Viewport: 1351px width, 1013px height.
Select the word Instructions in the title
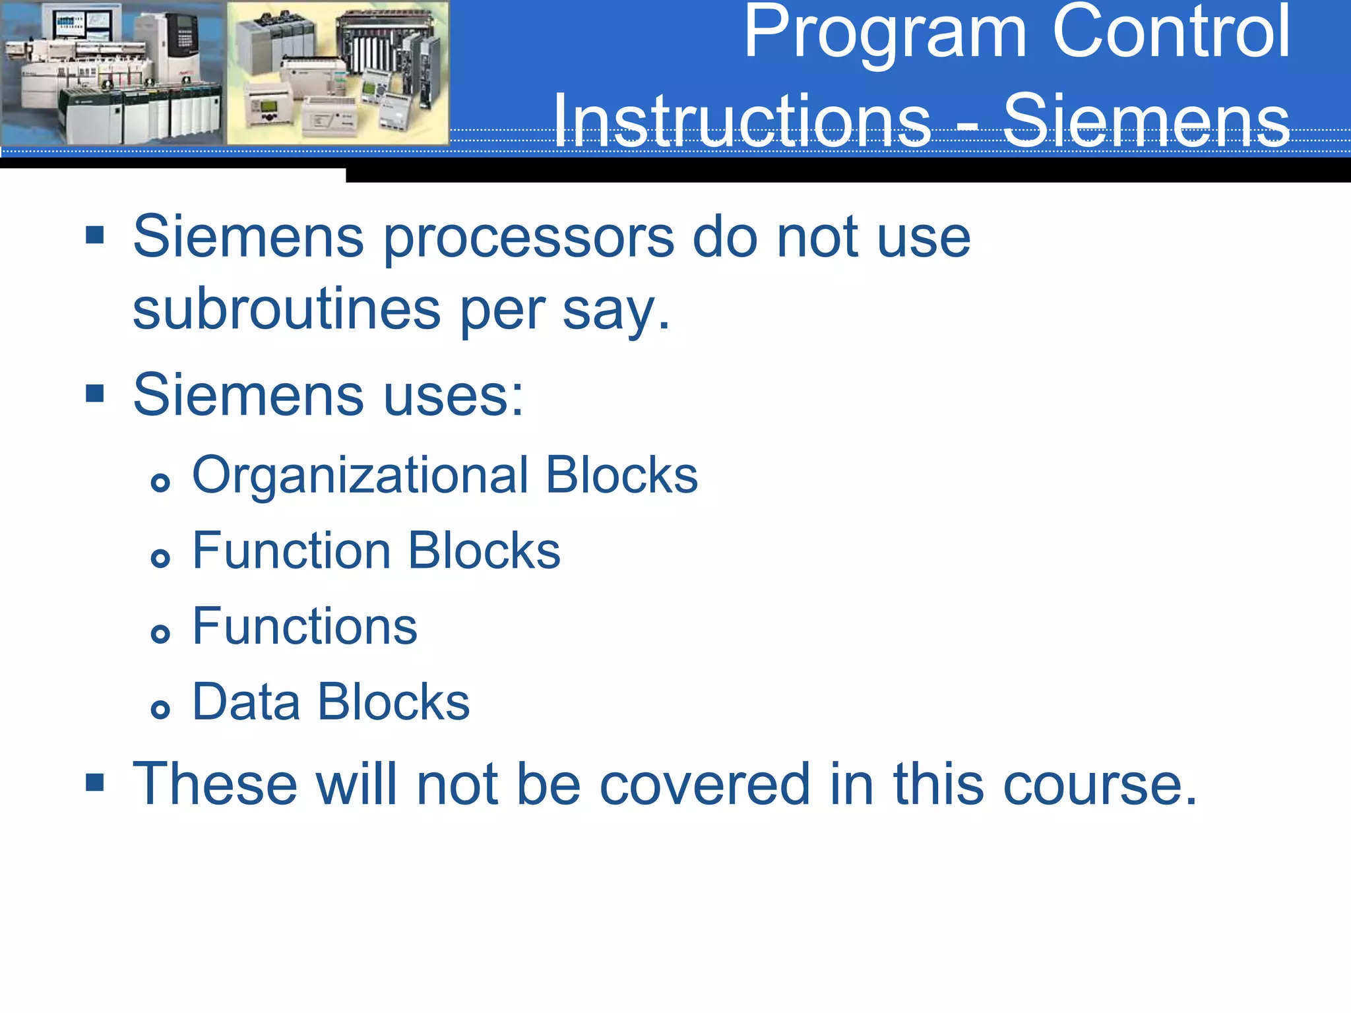click(741, 121)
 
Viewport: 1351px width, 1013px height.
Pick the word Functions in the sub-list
click(305, 626)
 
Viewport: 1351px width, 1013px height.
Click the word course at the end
click(1099, 785)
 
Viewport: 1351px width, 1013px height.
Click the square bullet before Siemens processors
click(95, 234)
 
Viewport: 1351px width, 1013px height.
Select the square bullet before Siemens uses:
click(95, 393)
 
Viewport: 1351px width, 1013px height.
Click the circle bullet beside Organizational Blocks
click(160, 483)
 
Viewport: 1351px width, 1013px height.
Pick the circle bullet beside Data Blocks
click(160, 710)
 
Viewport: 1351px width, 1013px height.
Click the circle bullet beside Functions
click(160, 634)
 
